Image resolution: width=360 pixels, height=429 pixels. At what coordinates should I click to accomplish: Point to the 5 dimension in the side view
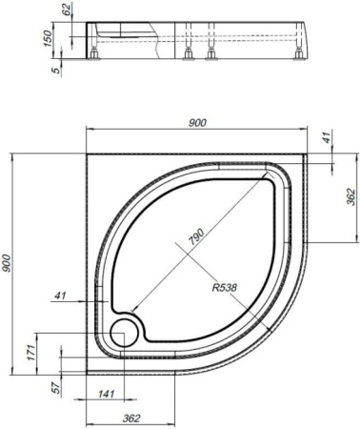pos(57,69)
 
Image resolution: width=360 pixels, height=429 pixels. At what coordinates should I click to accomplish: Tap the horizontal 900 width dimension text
pos(198,122)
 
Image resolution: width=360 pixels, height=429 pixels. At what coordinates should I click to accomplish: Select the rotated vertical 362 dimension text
pos(351,198)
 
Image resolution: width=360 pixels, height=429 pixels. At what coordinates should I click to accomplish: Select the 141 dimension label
pos(106,394)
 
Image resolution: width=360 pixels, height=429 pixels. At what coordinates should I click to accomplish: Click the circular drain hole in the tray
pos(123,333)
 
